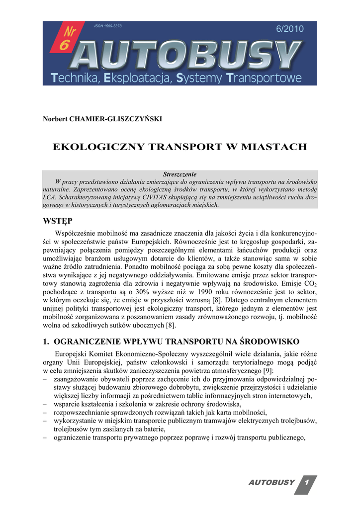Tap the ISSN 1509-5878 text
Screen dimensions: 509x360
tap(108, 25)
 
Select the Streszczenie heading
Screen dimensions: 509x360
tap(180, 174)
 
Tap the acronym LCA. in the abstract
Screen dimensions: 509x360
tap(50, 197)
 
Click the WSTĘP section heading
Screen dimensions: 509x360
tap(58, 220)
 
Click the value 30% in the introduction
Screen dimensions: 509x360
tap(158, 292)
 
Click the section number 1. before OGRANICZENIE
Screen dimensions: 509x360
tap(46, 341)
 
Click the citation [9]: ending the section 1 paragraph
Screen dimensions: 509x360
tap(269, 371)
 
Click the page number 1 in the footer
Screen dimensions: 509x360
tap(307, 483)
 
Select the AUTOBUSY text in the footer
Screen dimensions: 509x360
tap(272, 483)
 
